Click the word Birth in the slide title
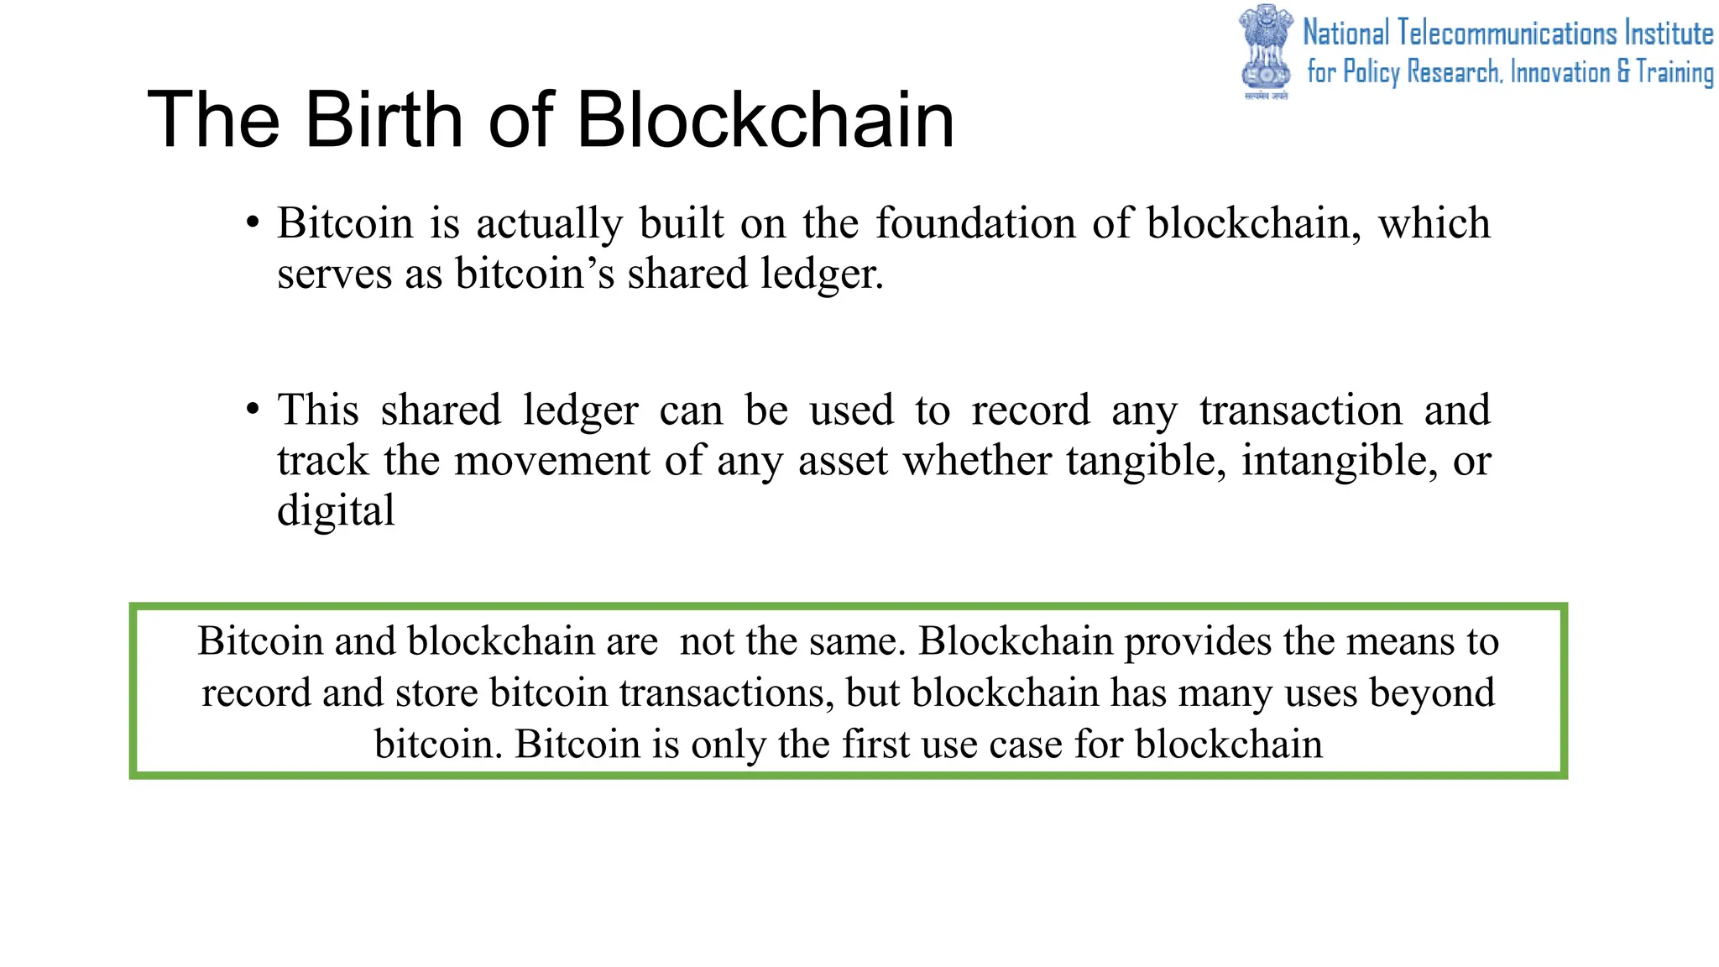pos(383,120)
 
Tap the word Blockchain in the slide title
pos(765,120)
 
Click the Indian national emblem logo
pos(1267,50)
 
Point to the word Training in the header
pos(1675,73)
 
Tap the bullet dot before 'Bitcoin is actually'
pos(253,223)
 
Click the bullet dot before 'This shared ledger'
pos(253,410)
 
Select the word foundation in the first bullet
pos(975,224)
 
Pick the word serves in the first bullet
pos(334,274)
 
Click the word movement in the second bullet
pos(551,461)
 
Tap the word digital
pos(336,511)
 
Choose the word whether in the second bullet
pos(976,461)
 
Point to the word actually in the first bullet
pos(550,224)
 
